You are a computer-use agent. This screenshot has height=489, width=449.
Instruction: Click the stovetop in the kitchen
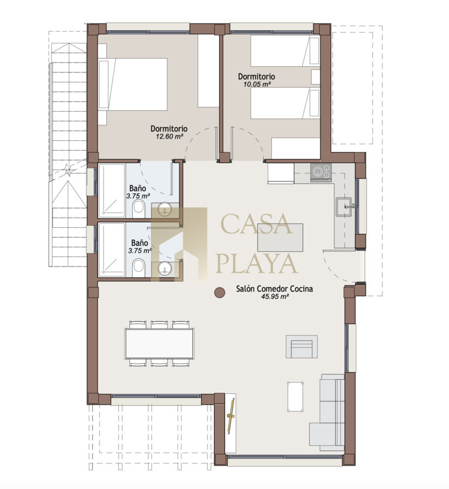(321, 172)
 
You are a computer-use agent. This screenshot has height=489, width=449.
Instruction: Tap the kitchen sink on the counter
(344, 206)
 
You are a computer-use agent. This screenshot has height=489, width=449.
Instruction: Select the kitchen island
(280, 237)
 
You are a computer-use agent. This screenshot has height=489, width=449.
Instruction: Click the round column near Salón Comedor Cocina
(220, 292)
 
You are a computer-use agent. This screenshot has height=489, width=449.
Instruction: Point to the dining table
(160, 344)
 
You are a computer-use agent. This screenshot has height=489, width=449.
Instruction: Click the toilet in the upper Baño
(139, 209)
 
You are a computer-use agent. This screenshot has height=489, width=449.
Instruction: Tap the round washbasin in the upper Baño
(164, 209)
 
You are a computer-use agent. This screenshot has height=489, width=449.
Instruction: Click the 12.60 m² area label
(169, 136)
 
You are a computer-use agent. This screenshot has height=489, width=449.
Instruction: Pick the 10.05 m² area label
(257, 84)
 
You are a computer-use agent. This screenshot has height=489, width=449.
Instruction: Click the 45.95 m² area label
(275, 297)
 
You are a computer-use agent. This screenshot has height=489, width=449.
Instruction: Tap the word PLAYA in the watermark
(257, 264)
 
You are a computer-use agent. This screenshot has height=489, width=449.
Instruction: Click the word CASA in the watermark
(257, 224)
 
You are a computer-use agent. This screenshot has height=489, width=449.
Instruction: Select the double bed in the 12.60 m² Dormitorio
(133, 84)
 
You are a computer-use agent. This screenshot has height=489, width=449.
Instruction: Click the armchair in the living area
(302, 347)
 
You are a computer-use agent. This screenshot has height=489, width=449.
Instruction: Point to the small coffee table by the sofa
(295, 396)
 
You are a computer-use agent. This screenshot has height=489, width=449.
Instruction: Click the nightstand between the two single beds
(316, 77)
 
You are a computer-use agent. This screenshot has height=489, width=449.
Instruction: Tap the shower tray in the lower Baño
(112, 249)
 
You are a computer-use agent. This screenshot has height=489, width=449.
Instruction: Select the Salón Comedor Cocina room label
(275, 289)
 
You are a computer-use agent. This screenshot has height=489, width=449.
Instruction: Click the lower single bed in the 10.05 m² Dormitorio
(285, 103)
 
